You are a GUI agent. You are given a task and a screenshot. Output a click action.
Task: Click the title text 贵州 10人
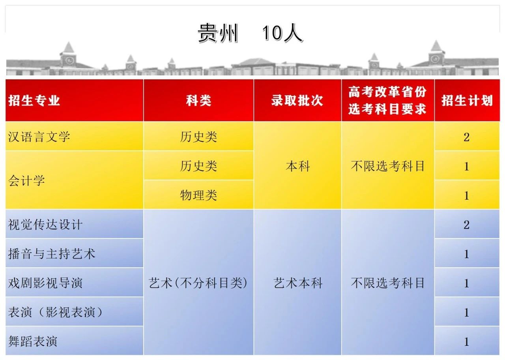tap(250, 33)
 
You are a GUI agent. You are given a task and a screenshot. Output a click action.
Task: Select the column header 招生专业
tap(34, 100)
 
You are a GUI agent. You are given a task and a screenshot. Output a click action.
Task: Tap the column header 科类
tap(198, 100)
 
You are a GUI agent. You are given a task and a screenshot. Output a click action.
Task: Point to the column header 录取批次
tap(297, 100)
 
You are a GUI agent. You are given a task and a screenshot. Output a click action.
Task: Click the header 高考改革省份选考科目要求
tap(387, 100)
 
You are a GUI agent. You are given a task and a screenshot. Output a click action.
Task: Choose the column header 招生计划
tap(467, 100)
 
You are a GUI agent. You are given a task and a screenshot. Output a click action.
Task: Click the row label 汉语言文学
tap(39, 137)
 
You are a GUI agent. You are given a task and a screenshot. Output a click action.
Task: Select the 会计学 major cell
tap(26, 180)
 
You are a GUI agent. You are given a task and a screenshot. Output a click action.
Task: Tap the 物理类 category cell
tap(198, 195)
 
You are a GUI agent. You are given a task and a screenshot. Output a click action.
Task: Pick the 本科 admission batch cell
tap(297, 166)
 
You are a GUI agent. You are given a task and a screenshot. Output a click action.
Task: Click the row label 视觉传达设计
tap(45, 225)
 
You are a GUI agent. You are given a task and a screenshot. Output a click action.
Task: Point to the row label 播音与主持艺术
tap(52, 253)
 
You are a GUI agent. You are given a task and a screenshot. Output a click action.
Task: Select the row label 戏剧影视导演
tap(45, 283)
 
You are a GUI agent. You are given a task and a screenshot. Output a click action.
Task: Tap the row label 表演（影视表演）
tap(56, 312)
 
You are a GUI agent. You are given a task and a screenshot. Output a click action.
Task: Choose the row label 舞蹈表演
tap(33, 341)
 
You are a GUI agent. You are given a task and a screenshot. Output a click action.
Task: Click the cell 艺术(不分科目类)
tap(198, 283)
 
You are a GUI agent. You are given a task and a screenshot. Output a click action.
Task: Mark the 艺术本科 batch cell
tap(298, 283)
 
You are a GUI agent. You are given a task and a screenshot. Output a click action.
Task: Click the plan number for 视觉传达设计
tap(467, 225)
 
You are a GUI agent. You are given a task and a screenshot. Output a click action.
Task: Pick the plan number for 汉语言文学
tap(467, 137)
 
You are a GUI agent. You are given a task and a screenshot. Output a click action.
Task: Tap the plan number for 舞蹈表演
tap(467, 341)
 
